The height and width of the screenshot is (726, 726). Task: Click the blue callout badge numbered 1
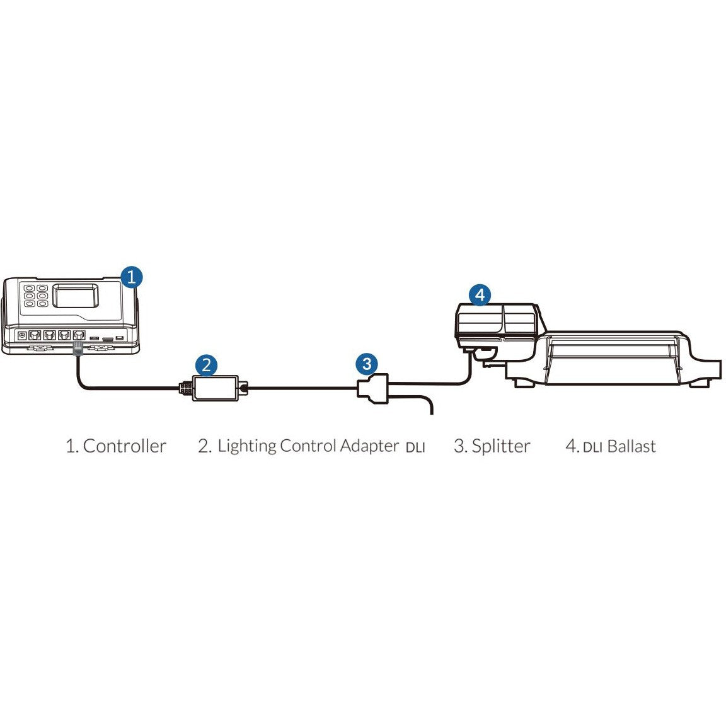coord(130,277)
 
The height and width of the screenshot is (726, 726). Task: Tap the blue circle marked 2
coord(206,364)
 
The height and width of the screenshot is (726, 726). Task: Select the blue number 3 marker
coord(367,364)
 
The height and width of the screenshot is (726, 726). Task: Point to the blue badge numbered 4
coord(480,294)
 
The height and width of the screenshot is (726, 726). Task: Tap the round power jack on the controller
coord(23,335)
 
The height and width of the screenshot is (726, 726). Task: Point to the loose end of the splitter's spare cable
coord(432,413)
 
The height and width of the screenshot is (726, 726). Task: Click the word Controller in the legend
coord(124,446)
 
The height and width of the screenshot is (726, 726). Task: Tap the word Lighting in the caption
coord(246,446)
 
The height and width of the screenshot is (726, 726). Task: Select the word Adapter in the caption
coord(369,446)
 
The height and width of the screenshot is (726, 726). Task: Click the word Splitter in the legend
coord(500,446)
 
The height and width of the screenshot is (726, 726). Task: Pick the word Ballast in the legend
coord(632,446)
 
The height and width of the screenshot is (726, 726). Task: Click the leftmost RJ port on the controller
coord(35,335)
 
